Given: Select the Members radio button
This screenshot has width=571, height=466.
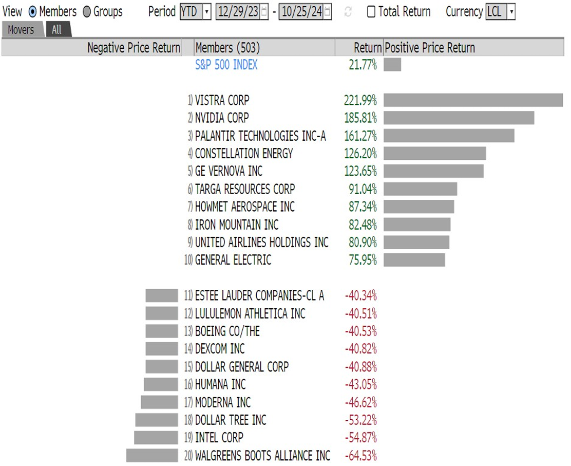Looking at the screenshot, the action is coord(32,12).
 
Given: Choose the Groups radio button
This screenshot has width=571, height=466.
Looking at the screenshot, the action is coord(87,12).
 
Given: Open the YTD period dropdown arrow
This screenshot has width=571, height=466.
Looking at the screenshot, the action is coord(207,12).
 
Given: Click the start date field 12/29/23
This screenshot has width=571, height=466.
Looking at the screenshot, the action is coord(238,12).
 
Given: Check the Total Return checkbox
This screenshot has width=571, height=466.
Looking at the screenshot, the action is coord(371,12).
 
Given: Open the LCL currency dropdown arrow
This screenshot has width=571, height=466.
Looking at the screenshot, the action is coord(511,12).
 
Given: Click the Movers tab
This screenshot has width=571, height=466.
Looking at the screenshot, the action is coord(22,29).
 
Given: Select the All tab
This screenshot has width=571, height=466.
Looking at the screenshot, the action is coord(57,29).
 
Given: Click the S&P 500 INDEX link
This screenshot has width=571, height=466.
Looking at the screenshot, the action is coord(226,65).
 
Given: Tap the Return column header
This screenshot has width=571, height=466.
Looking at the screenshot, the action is coord(368,48).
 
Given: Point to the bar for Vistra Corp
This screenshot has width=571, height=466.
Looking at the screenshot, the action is coord(473,100).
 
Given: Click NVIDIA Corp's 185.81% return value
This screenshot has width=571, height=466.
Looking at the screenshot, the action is coord(360,118).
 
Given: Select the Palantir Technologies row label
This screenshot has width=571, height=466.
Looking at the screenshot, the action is coord(260,136).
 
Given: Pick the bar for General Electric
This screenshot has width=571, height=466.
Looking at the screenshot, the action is coord(414,260).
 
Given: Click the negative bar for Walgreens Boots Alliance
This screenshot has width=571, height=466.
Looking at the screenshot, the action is coord(152,455).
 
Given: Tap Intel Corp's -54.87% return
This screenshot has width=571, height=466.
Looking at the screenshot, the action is coord(361,438).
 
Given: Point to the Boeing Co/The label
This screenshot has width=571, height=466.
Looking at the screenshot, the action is coord(227,331).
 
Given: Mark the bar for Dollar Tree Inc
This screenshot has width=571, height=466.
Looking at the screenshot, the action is coord(157,420).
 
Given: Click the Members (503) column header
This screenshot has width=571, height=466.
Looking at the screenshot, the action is coord(227,48).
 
